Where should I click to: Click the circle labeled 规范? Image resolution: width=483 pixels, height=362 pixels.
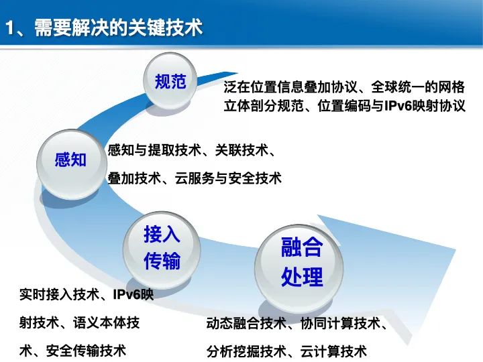[x=170, y=82]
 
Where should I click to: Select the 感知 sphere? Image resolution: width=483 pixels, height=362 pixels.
[x=70, y=160]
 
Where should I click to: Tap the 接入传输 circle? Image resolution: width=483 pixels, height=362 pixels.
[x=162, y=247]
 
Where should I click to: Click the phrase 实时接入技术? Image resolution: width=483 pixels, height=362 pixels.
[x=60, y=295]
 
